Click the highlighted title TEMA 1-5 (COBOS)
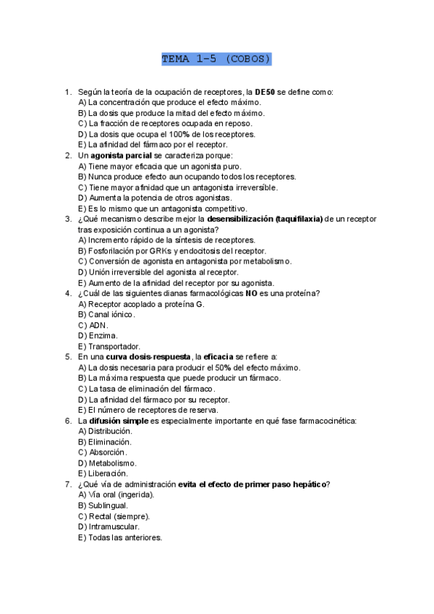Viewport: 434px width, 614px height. coord(216,59)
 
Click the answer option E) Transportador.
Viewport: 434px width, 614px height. coord(109,346)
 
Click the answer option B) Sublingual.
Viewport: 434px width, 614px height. coord(103,505)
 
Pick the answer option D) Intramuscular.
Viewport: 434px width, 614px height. coord(109,526)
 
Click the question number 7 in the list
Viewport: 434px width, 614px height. coord(67,484)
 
